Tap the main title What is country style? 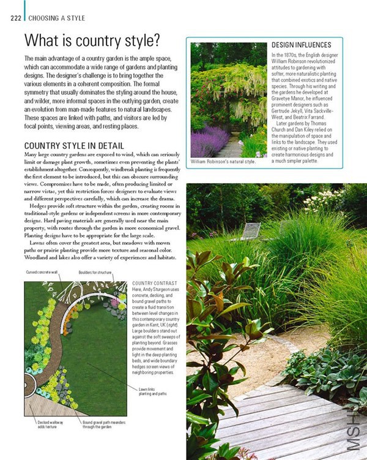point(92,41)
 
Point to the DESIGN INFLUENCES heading point(301,45)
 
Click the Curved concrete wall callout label point(41,272)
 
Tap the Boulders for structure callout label point(95,272)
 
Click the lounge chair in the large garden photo point(250,232)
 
